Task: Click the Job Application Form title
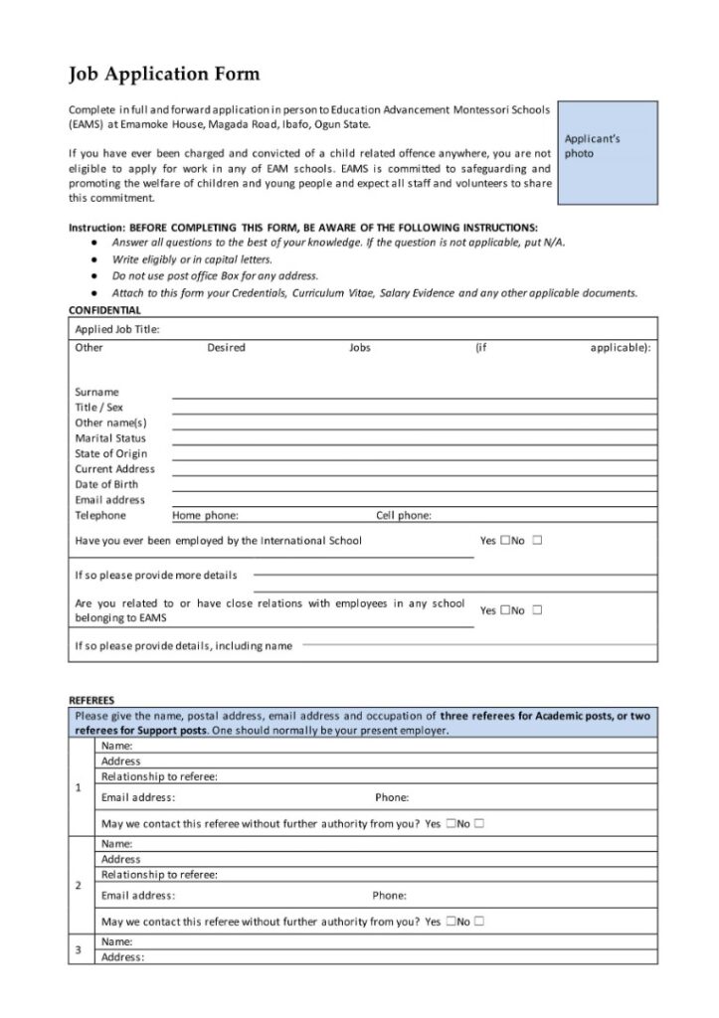click(164, 74)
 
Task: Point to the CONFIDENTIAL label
click(106, 309)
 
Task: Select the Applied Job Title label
click(117, 329)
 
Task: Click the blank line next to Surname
click(414, 393)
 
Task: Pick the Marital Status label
click(110, 438)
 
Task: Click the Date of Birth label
click(106, 484)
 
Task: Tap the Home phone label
click(205, 516)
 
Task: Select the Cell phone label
click(404, 516)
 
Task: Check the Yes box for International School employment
click(505, 541)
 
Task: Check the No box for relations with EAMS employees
click(537, 610)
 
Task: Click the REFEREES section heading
click(91, 700)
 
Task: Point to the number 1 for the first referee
click(79, 788)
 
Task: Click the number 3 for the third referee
click(79, 949)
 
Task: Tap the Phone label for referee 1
click(392, 797)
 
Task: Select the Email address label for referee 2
click(138, 896)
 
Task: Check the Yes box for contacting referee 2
click(451, 922)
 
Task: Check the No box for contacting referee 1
click(479, 823)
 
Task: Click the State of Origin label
click(110, 453)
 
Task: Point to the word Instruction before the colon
click(96, 227)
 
